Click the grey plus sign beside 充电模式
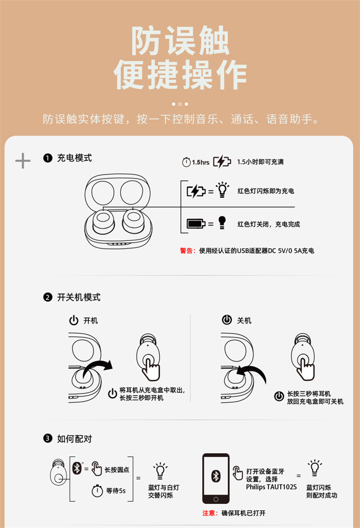pos(23,161)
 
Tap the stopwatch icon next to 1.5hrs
pos(186,162)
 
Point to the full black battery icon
pos(196,223)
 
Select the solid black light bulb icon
pos(222,223)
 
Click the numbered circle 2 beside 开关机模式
pos(48,297)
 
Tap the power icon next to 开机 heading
pos(74,320)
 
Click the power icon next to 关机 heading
pos(227,320)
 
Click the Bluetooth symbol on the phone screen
pos(216,476)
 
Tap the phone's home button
pos(216,499)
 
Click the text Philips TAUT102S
pos(271,487)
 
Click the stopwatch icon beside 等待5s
pos(97,491)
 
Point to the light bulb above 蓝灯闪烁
pos(314,468)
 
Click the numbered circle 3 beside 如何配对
pos(48,438)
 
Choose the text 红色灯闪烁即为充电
pos(266,191)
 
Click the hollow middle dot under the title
pos(180,104)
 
